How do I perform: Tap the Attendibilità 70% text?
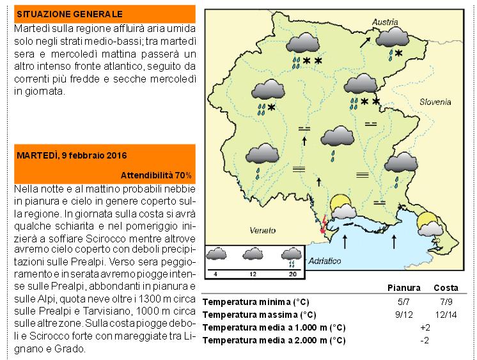point(156,175)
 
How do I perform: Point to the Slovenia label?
point(435,102)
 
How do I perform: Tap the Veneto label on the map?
point(262,230)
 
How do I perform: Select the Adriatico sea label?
point(325,261)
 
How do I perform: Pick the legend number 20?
point(292,274)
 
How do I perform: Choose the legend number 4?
point(215,274)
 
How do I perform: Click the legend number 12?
point(254,274)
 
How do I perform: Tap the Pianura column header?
point(403,287)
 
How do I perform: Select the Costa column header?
point(446,287)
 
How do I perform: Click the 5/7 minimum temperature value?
point(403,301)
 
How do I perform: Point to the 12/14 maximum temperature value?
point(446,314)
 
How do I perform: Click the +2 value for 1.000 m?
point(425,327)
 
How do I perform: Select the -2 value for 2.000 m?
point(425,340)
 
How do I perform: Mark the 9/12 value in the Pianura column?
point(403,314)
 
